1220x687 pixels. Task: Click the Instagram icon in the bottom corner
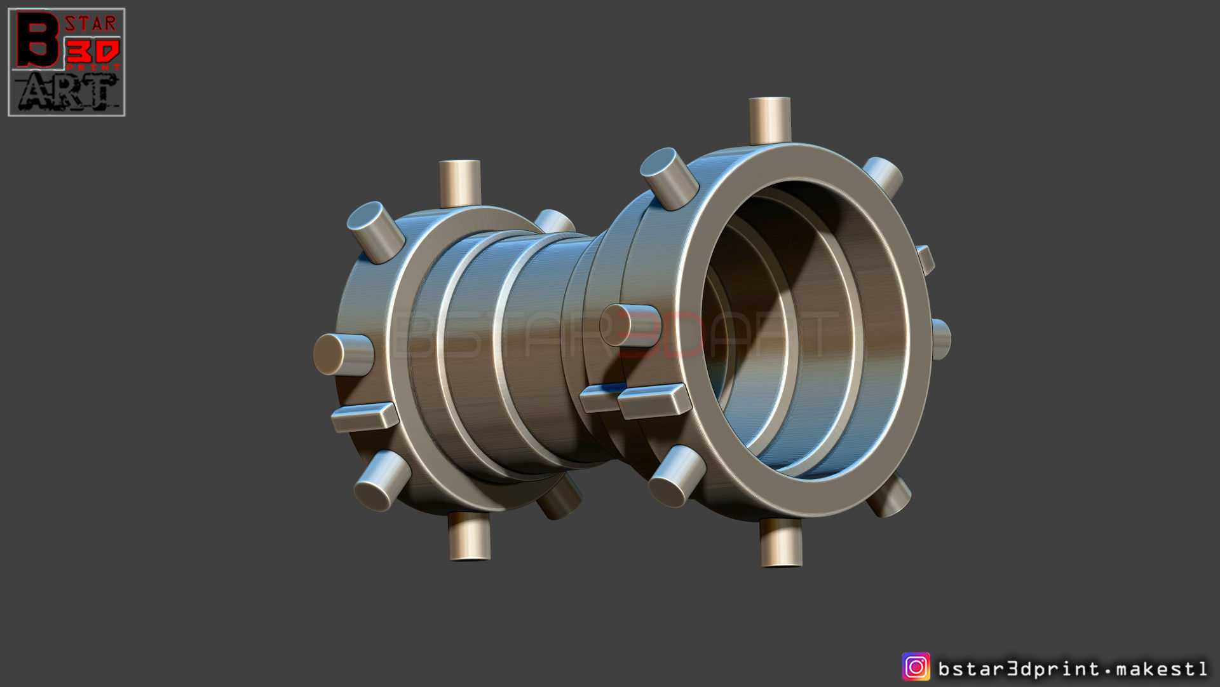point(916,667)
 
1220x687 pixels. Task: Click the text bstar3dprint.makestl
point(1073,669)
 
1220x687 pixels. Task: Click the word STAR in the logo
point(91,24)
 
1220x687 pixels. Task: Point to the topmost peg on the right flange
point(769,120)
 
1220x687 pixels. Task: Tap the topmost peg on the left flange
point(459,183)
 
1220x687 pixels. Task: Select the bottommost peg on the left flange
point(469,536)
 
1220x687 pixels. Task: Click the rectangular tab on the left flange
point(365,417)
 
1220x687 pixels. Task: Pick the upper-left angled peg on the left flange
point(376,232)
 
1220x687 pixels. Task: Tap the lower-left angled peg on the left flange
point(382,480)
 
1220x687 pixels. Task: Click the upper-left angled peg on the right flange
point(669,178)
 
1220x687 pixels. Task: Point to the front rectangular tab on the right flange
point(654,401)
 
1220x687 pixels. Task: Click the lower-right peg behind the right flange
point(890,496)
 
